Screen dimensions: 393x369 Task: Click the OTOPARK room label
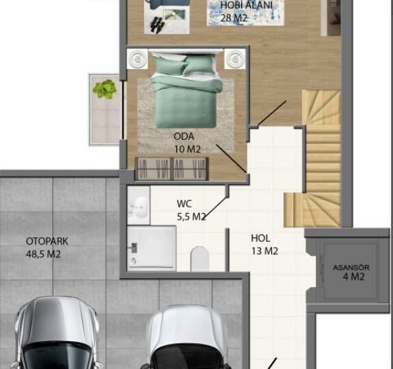click(47, 241)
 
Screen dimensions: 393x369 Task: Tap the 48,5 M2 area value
click(43, 254)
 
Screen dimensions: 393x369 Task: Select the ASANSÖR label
click(351, 268)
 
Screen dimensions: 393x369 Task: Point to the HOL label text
click(260, 238)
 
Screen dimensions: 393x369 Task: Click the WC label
click(185, 204)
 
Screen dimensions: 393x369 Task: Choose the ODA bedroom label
click(184, 137)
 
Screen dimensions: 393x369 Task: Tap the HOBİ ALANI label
click(246, 5)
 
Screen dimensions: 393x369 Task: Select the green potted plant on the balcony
click(105, 89)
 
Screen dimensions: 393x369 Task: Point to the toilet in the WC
click(200, 258)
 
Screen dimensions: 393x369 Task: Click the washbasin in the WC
click(139, 205)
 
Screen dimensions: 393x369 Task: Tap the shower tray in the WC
click(152, 248)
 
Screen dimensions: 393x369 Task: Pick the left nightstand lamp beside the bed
click(137, 59)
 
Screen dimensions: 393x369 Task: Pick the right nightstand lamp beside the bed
click(235, 59)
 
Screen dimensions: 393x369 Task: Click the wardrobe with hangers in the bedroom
click(172, 169)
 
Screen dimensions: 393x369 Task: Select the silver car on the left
click(57, 333)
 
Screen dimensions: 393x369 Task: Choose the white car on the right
click(187, 337)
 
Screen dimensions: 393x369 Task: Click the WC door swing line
click(216, 208)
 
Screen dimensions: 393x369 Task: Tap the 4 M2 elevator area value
click(353, 277)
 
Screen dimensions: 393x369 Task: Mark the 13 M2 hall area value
click(265, 251)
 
